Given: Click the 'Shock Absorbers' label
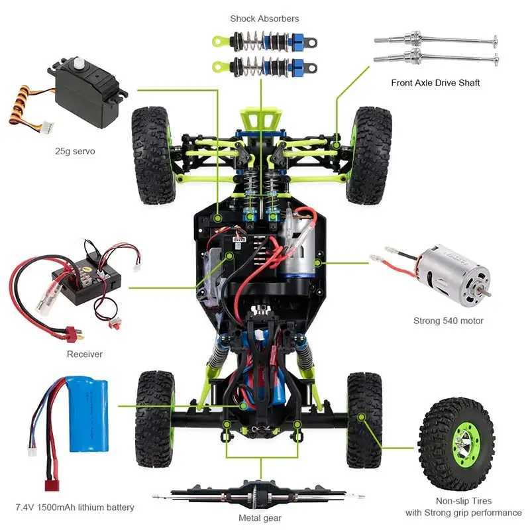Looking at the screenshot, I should pyautogui.click(x=264, y=19).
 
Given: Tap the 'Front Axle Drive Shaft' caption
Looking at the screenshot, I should pyautogui.click(x=435, y=83).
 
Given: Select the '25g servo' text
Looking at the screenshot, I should pyautogui.click(x=75, y=151).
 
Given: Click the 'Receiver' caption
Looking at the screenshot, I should pyautogui.click(x=85, y=354).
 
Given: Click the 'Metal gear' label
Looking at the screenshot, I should pyautogui.click(x=260, y=518).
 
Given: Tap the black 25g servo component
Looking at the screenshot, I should pyautogui.click(x=86, y=96).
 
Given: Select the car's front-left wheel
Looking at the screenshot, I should pyautogui.click(x=153, y=155).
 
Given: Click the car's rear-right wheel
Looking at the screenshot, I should pyautogui.click(x=364, y=420).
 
